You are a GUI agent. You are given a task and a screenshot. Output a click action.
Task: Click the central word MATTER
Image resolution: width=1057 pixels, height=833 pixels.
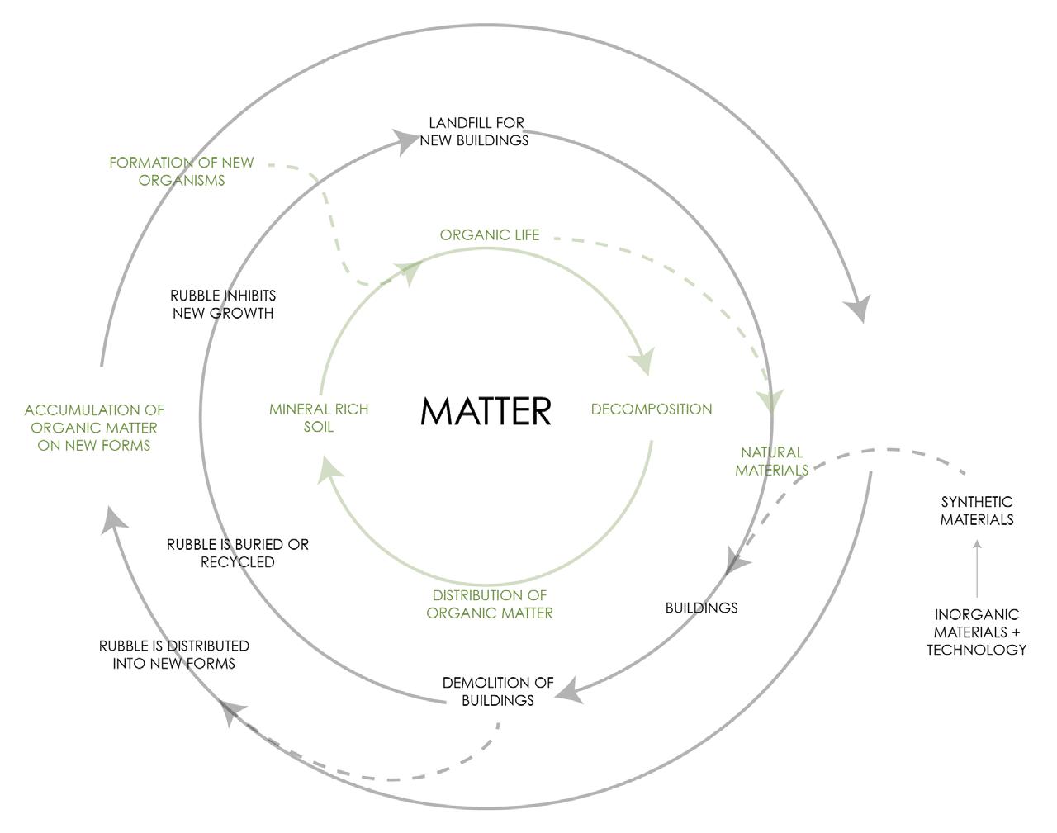(x=486, y=410)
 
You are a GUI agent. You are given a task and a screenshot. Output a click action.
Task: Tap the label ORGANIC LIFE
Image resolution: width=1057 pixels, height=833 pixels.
(x=489, y=235)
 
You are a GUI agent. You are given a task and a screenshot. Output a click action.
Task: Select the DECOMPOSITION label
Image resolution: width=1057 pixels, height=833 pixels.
(x=651, y=409)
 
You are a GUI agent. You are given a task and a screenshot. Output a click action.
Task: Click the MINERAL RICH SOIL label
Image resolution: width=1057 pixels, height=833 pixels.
(x=318, y=418)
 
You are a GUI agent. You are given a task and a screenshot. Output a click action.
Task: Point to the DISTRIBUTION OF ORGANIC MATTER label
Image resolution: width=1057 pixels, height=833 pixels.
(x=489, y=604)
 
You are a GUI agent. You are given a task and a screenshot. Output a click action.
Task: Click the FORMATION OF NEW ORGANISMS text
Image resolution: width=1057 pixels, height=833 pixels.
(x=182, y=172)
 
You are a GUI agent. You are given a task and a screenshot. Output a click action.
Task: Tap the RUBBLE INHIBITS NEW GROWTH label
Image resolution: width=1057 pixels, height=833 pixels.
(x=223, y=304)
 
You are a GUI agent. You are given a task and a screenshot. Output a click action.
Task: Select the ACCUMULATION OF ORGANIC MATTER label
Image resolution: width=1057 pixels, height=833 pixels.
(x=94, y=428)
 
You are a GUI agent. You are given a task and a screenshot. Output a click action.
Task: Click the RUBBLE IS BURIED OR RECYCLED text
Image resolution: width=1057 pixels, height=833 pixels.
(x=238, y=553)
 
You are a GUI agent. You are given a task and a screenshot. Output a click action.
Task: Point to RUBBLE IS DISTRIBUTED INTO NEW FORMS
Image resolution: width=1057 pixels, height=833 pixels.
(x=174, y=655)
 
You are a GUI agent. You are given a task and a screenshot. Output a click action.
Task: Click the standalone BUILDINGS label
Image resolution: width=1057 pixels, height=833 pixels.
(x=701, y=608)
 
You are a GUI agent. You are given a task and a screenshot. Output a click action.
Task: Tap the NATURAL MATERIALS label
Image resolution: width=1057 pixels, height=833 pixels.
(x=771, y=461)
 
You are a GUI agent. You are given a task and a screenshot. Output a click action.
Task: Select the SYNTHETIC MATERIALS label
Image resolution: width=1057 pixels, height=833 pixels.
(x=977, y=511)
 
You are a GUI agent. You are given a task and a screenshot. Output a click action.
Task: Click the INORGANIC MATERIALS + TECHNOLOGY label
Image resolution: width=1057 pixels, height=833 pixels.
(x=976, y=632)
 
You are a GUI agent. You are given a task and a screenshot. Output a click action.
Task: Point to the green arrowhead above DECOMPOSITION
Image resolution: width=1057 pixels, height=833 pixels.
(x=642, y=362)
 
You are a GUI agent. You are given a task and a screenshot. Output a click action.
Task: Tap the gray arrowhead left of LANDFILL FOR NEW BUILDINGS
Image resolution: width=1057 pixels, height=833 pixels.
(x=405, y=141)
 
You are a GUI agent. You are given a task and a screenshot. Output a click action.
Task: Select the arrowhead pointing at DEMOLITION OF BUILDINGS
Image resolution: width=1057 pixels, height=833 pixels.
(x=569, y=693)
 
